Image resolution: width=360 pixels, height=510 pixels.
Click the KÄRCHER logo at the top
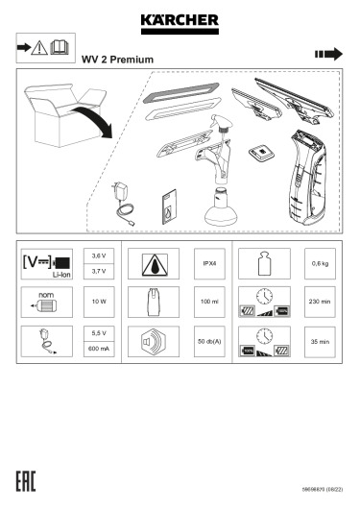tap(180, 24)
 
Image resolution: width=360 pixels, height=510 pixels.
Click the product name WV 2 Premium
tap(117, 60)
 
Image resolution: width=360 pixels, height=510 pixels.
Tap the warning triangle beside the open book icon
tap(39, 48)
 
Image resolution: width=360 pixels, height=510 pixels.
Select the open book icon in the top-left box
tap(60, 47)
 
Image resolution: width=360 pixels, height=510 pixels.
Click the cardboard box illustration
tap(65, 114)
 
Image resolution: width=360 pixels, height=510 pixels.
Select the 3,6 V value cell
tap(99, 256)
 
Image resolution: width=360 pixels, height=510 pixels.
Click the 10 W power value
tap(99, 302)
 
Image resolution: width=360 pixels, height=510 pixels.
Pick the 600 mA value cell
tap(99, 349)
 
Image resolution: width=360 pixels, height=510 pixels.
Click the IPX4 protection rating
tap(209, 263)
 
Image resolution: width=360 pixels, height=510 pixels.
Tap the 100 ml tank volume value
tap(209, 302)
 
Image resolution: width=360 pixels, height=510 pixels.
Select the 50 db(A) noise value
tap(209, 342)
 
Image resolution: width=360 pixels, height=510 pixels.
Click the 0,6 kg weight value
tap(320, 263)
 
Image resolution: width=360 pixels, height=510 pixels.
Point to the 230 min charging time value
tap(320, 302)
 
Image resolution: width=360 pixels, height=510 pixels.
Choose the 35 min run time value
tap(320, 342)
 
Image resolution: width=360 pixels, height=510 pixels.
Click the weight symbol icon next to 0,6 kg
tap(264, 263)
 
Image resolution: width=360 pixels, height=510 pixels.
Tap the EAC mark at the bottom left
tap(26, 481)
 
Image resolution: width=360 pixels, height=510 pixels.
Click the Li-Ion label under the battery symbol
tap(61, 275)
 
